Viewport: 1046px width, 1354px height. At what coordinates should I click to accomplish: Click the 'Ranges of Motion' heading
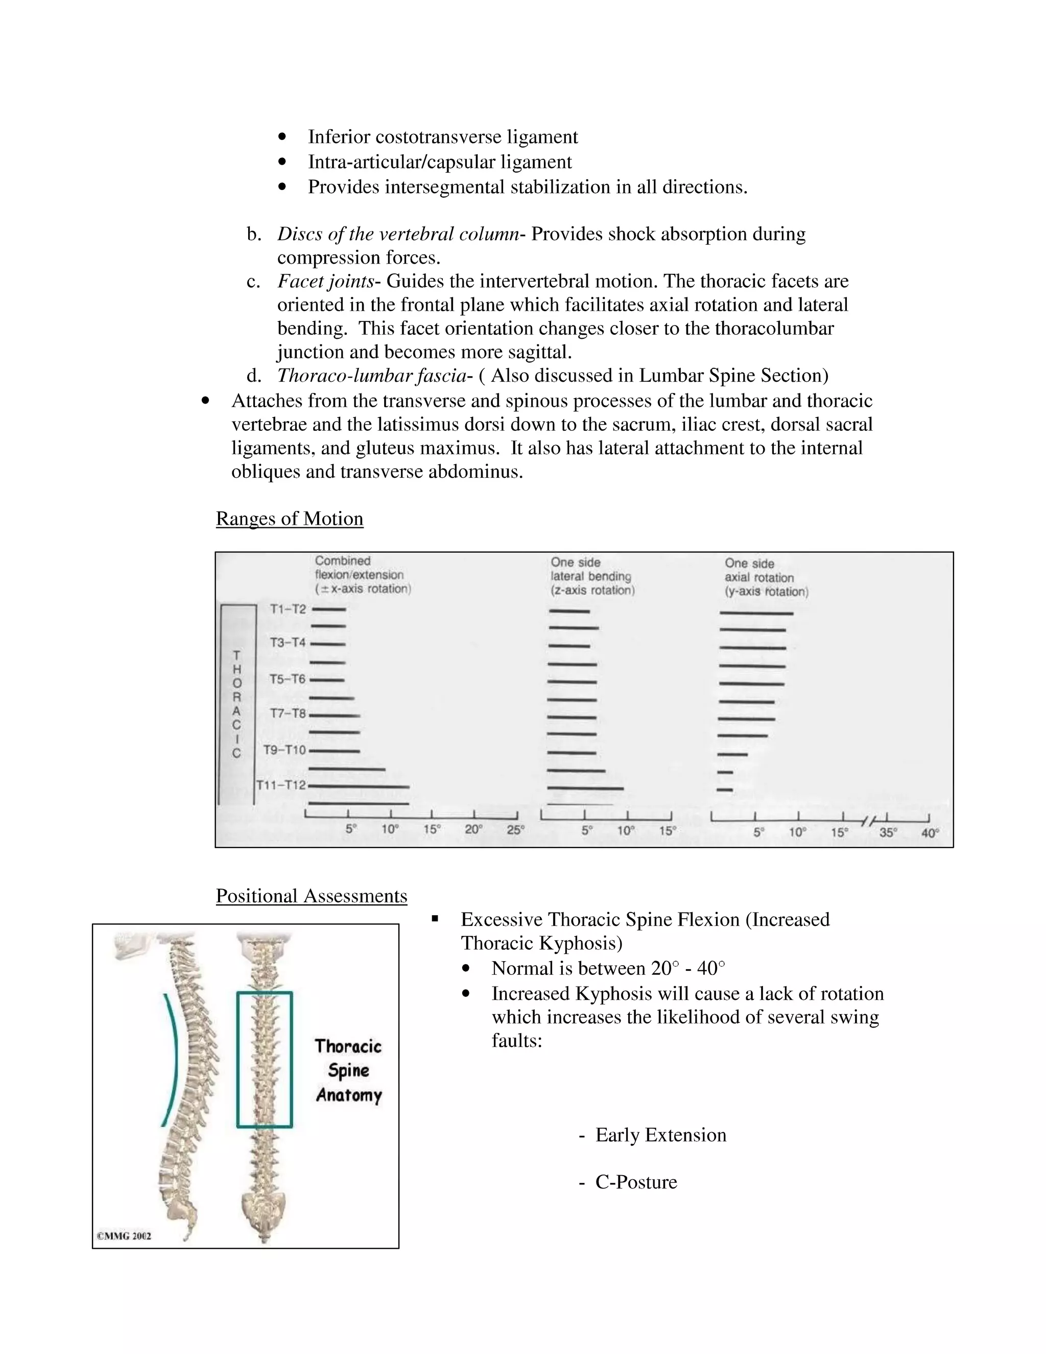point(290,518)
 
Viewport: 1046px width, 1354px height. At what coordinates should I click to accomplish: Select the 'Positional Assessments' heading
point(311,896)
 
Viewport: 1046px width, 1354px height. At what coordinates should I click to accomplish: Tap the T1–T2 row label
point(288,610)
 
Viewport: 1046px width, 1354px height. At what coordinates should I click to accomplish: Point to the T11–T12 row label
point(281,785)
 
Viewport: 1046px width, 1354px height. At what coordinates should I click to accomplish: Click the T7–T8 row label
point(288,714)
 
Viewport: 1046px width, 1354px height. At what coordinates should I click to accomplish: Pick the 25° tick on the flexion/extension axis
point(515,829)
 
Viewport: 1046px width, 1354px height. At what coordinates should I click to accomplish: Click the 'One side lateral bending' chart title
point(592,576)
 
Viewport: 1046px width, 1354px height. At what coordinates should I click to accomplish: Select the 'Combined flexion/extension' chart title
point(363,575)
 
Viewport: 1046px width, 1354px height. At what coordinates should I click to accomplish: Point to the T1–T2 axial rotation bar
point(756,613)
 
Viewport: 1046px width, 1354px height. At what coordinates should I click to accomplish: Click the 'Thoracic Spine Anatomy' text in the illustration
point(348,1070)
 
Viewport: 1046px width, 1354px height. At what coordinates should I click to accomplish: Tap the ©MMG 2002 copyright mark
point(124,1235)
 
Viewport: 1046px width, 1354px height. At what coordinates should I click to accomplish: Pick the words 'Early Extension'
point(660,1134)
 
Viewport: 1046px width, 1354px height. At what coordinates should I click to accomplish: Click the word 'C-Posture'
point(636,1182)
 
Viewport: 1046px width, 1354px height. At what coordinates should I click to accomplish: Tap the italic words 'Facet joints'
point(326,282)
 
